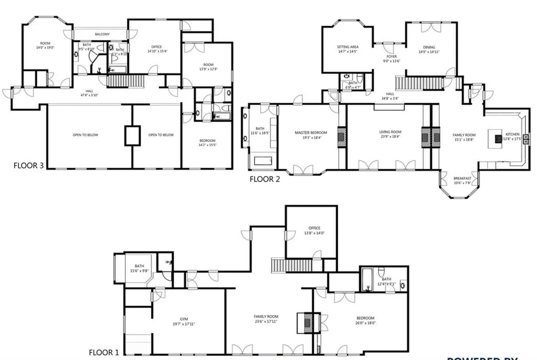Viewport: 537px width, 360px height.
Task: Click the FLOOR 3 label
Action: coord(27,166)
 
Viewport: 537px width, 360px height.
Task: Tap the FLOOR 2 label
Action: coord(265,179)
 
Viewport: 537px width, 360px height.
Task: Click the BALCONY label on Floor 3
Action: coord(102,35)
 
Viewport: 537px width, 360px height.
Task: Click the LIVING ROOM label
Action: coord(390,132)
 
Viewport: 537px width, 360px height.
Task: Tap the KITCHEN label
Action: coord(512,134)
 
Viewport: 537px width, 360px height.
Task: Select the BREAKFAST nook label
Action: coord(462,179)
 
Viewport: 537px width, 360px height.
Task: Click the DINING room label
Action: coord(429,47)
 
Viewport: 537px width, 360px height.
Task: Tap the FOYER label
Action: coord(392,56)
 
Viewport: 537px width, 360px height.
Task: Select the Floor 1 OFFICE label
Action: coord(314,228)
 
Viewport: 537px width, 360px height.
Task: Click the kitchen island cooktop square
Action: coord(496,138)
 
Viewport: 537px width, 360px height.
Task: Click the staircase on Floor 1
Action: coord(284,265)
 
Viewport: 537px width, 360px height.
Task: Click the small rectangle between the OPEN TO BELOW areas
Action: coord(132,136)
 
